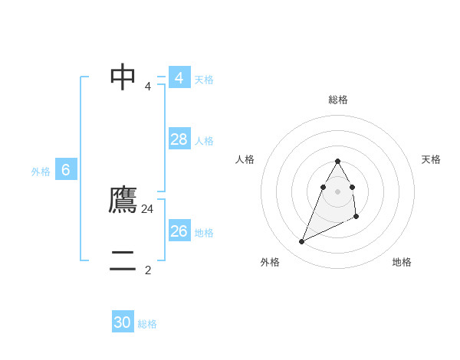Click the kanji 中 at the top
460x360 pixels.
123,77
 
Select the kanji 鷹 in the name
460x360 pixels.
123,201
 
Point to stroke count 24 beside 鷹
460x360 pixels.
148,208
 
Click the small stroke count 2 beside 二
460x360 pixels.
148,270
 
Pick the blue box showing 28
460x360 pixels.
179,139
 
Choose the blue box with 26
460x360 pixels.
179,231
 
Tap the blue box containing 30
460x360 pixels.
123,322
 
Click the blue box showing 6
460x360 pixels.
66,170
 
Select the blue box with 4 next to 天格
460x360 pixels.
179,77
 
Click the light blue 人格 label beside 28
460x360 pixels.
204,141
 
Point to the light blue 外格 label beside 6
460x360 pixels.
41,172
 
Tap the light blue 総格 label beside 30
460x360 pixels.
147,324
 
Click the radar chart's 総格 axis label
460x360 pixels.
337,100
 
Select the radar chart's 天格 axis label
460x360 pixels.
431,159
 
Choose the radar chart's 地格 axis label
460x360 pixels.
402,262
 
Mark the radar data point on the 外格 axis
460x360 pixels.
301,242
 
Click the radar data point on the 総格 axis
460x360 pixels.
337,161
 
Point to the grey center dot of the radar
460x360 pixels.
337,191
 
